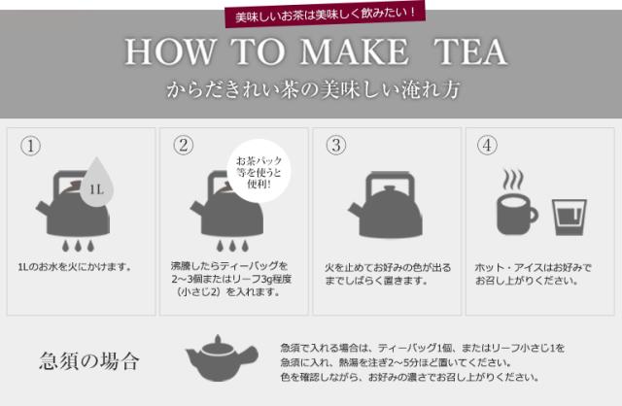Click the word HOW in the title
pyautogui.click(x=171, y=51)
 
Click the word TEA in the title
pyautogui.click(x=470, y=51)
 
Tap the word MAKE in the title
pyautogui.click(x=354, y=51)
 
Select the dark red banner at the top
pyautogui.click(x=326, y=15)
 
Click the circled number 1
pyautogui.click(x=30, y=146)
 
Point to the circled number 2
pyautogui.click(x=184, y=145)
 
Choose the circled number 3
pyautogui.click(x=336, y=145)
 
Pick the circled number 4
pyautogui.click(x=487, y=145)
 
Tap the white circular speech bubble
pyautogui.click(x=259, y=171)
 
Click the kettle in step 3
pyautogui.click(x=385, y=204)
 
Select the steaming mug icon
pyautogui.click(x=517, y=214)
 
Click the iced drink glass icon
pyautogui.click(x=570, y=218)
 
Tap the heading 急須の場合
pyautogui.click(x=89, y=360)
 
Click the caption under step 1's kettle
pyautogui.click(x=75, y=267)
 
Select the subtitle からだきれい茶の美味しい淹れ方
pyautogui.click(x=313, y=89)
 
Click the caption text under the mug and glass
pyautogui.click(x=533, y=274)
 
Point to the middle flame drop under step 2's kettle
pyautogui.click(x=232, y=246)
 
